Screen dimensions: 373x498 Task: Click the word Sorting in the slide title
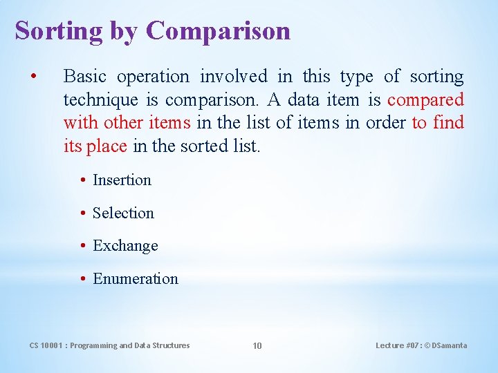58,31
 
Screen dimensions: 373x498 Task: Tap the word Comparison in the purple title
218,31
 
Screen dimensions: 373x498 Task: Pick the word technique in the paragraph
101,100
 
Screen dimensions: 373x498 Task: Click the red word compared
425,100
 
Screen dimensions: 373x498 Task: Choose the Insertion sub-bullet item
122,180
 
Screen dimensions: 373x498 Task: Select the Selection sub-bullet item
123,213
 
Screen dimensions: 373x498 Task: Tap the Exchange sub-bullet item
125,246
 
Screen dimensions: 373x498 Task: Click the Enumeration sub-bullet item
136,279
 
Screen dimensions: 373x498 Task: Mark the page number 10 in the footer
257,345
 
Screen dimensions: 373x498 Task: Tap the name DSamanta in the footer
450,345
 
